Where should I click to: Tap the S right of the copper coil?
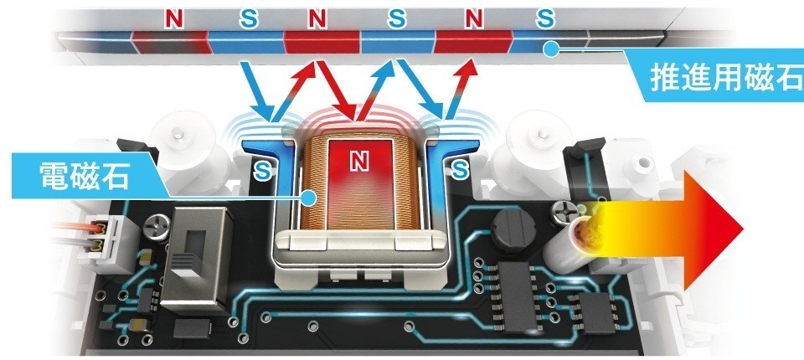(458, 171)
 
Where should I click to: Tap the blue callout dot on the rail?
(550, 50)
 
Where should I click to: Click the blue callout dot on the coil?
(310, 198)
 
